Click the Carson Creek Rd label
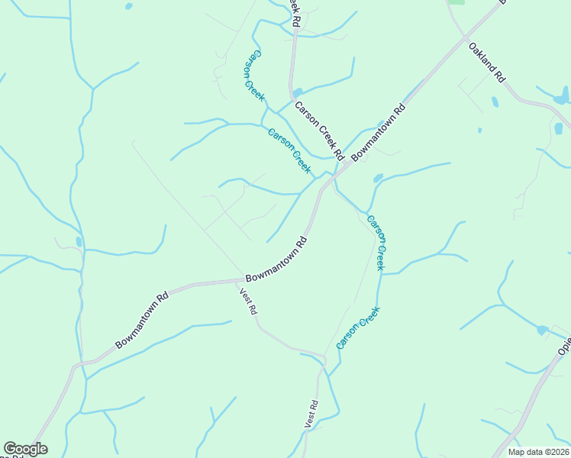pyautogui.click(x=320, y=131)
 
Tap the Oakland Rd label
pyautogui.click(x=487, y=62)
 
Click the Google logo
pyautogui.click(x=25, y=449)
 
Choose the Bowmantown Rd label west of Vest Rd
pyautogui.click(x=141, y=321)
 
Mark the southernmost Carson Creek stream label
pyautogui.click(x=358, y=327)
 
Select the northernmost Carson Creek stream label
pyautogui.click(x=254, y=76)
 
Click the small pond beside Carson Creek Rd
pyautogui.click(x=297, y=93)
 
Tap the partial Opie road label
pyautogui.click(x=564, y=346)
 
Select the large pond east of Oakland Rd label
pyautogui.click(x=563, y=95)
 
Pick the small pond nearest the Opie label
pyautogui.click(x=542, y=331)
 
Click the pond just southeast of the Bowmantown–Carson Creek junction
pyautogui.click(x=378, y=179)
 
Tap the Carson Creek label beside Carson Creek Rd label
pyautogui.click(x=289, y=149)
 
